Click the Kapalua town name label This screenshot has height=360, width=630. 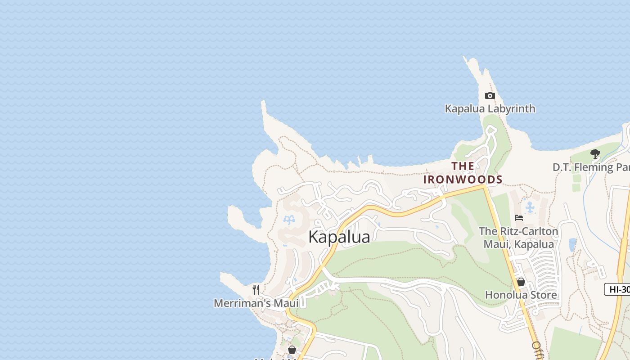click(339, 237)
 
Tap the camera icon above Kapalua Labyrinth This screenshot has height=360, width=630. click(490, 95)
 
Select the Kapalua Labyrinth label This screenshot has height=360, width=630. click(490, 108)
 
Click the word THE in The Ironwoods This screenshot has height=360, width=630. click(463, 166)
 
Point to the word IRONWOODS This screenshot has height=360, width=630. click(463, 179)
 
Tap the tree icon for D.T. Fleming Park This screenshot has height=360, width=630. click(595, 154)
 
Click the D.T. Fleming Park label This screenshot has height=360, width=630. click(591, 167)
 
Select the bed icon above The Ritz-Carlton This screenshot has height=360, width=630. click(518, 218)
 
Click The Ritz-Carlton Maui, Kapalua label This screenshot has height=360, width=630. click(518, 238)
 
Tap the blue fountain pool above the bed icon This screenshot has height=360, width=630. click(530, 207)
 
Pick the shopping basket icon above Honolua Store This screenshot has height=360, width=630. click(521, 282)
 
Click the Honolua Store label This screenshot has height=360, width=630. click(521, 295)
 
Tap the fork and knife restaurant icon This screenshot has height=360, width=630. click(256, 289)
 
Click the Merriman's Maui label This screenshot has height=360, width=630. click(256, 303)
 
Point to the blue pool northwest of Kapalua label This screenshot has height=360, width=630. click(288, 220)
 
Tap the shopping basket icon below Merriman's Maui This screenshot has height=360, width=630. click(292, 350)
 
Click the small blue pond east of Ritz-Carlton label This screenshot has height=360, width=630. click(572, 245)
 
